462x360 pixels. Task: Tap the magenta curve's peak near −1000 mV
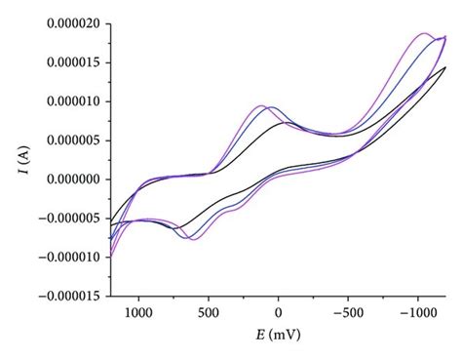click(424, 33)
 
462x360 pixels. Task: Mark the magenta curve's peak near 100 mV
click(261, 105)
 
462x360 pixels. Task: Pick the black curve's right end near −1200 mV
click(445, 67)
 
